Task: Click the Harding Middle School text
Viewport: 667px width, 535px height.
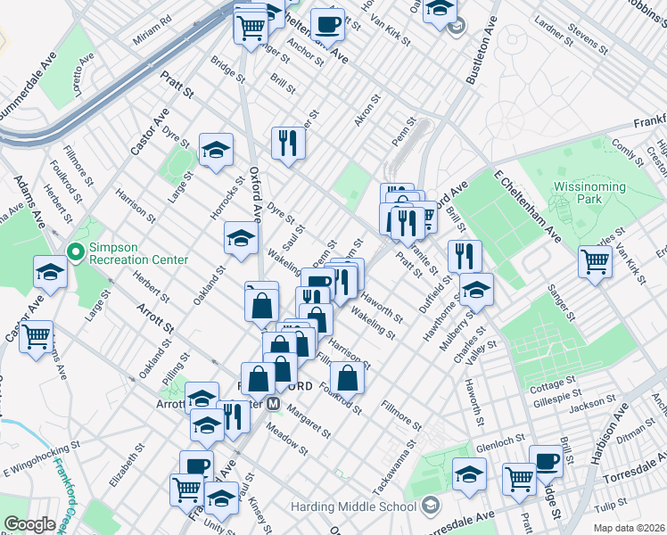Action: click(x=353, y=506)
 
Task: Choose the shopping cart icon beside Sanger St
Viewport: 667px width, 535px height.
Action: click(x=595, y=261)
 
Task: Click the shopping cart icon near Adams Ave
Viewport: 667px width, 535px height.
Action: click(x=36, y=336)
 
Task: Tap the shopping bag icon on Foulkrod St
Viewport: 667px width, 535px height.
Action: click(x=348, y=378)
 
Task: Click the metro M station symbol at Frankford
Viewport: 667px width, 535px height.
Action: click(x=274, y=403)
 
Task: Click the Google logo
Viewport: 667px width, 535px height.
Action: click(x=30, y=524)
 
